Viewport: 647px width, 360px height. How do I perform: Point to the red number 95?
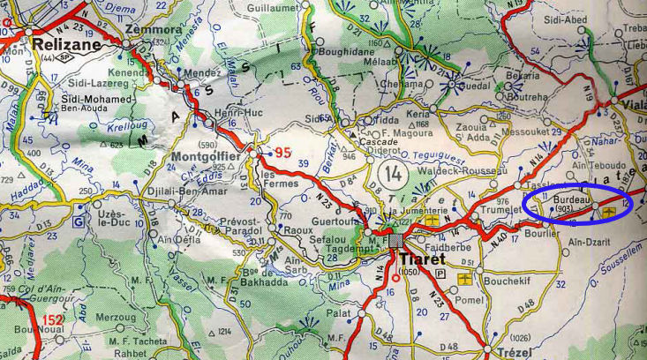pyautogui.click(x=282, y=153)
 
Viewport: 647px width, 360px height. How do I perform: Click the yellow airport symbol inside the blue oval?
pyautogui.click(x=609, y=206)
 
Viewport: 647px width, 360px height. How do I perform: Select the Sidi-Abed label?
pyautogui.click(x=614, y=19)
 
